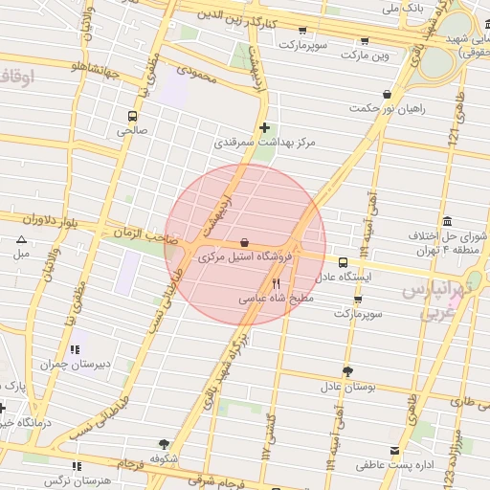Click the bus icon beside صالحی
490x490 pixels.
pos(131,117)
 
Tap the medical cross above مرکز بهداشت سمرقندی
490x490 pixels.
pos(265,127)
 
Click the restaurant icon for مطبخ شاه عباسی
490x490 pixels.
pos(277,283)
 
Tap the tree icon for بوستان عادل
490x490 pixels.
pos(346,371)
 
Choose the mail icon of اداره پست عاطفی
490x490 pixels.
pos(394,451)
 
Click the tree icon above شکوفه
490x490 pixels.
pos(164,444)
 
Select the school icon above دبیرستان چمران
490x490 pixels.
pos(76,349)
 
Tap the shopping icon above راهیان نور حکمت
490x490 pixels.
pos(387,95)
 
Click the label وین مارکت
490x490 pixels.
pos(394,56)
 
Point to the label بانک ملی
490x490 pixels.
pos(402,8)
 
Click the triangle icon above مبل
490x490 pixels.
pos(21,240)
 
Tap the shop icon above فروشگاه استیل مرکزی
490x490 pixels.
pos(245,243)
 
